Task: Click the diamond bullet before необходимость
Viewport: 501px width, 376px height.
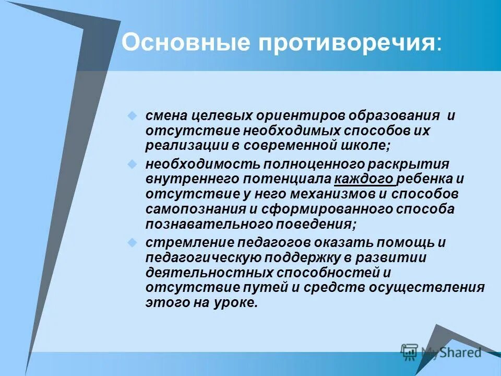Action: click(x=133, y=164)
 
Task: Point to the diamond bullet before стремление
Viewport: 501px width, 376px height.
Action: click(x=133, y=243)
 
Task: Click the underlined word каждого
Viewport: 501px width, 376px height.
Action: click(x=364, y=179)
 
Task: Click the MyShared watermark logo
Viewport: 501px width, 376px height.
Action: click(x=441, y=352)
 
